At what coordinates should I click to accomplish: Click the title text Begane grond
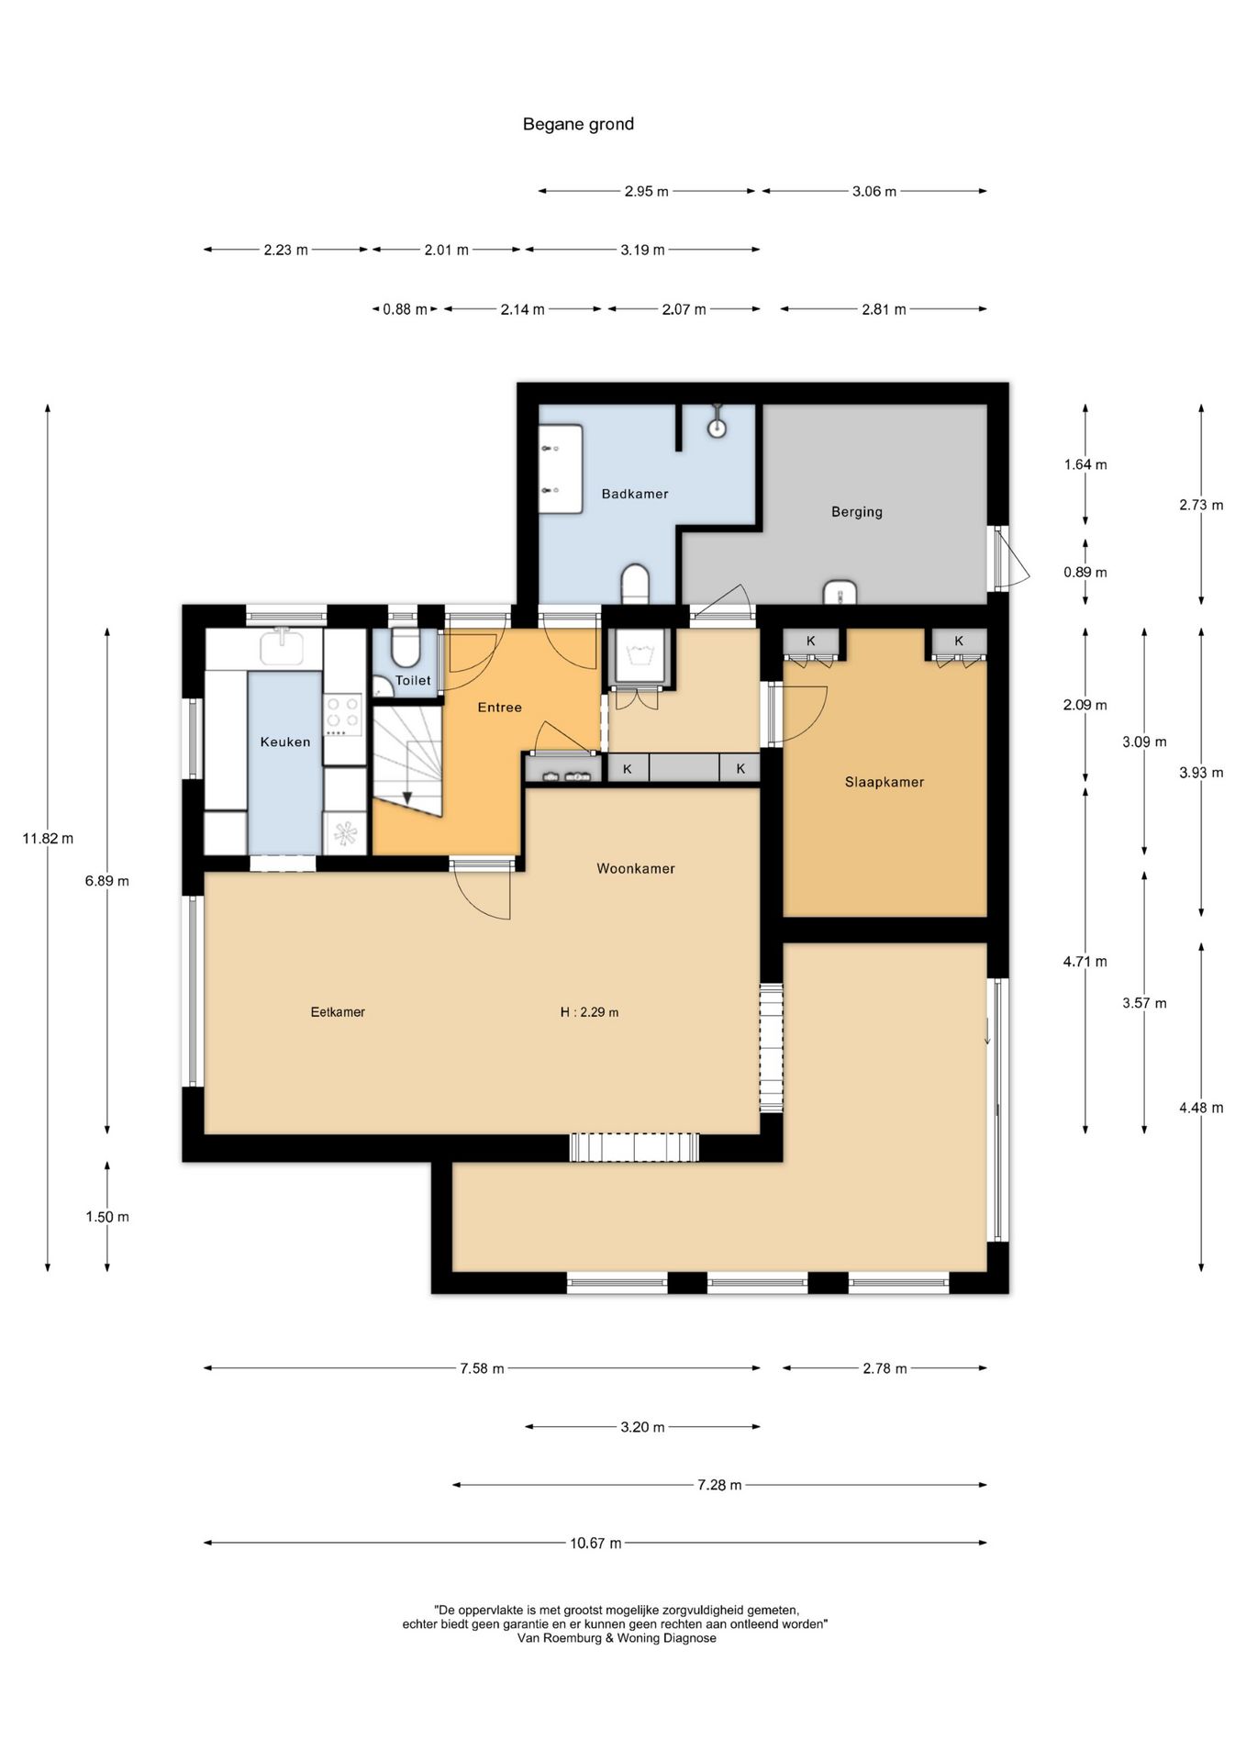pos(578,124)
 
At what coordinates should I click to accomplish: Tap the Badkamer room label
pos(635,494)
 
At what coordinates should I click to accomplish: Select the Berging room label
pos(857,512)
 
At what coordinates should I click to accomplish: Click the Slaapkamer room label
pos(884,782)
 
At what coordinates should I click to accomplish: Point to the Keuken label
pos(285,742)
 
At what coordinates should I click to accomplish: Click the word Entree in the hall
pos(500,707)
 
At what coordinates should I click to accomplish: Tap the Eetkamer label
pos(338,1012)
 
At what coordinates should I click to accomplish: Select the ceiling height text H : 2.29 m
pos(589,1012)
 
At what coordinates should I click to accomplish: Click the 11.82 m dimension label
pos(48,838)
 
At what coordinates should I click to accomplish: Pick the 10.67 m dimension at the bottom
pos(595,1543)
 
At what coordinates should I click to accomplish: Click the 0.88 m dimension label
pos(405,309)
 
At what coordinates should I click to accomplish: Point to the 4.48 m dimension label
pos(1201,1108)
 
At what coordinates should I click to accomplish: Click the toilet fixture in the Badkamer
pos(635,585)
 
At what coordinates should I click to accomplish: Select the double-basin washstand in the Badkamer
pos(561,468)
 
